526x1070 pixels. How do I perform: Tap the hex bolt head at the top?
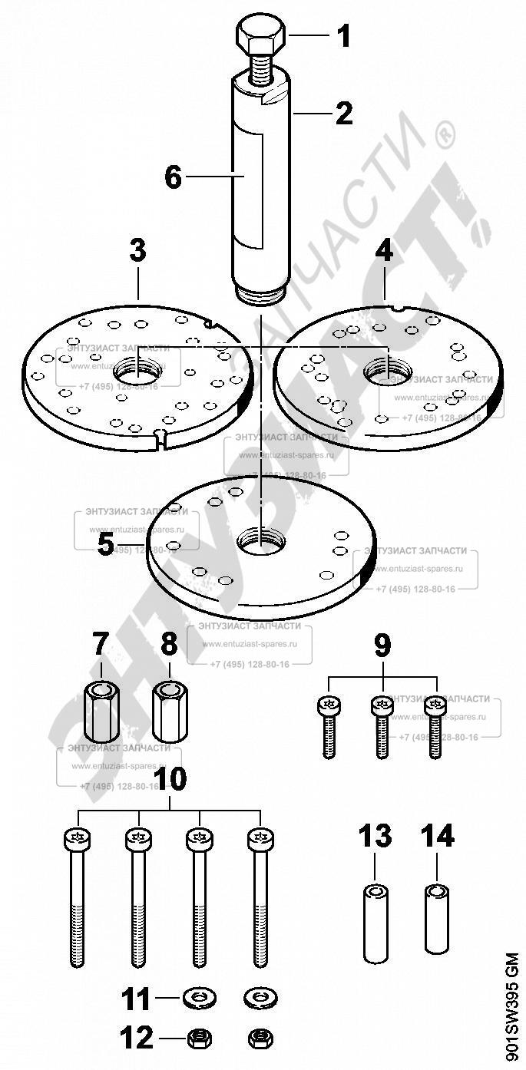tap(260, 36)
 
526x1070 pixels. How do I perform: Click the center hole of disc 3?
tap(137, 374)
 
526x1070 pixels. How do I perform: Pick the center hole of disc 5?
tap(260, 540)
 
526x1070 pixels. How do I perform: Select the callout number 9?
tap(382, 646)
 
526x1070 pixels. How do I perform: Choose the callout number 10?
tap(170, 779)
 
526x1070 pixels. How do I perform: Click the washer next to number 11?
tap(200, 998)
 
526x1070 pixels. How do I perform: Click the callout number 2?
tap(343, 113)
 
